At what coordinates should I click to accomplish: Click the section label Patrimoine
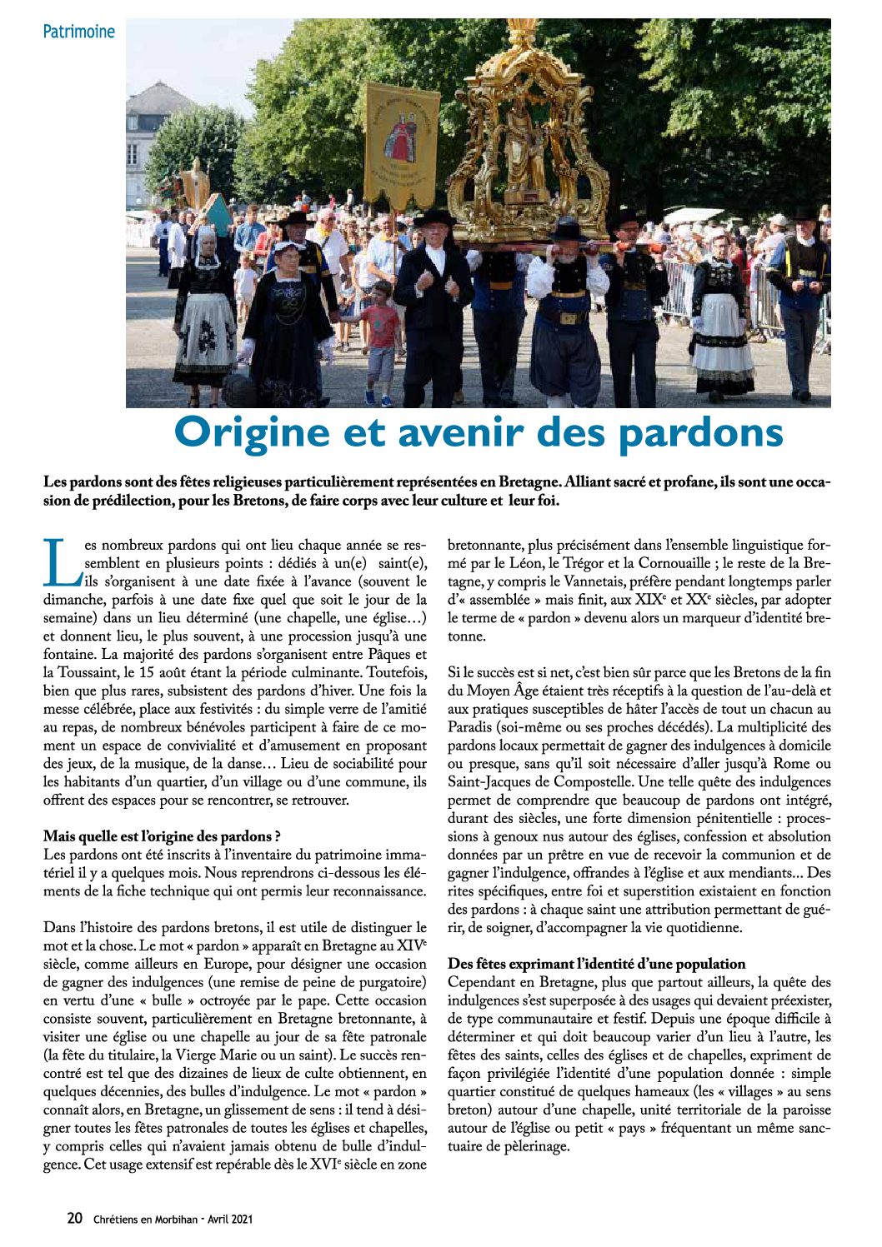pos(79,32)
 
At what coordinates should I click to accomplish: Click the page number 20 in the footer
pos(74,1218)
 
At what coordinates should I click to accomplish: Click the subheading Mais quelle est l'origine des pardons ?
pos(162,836)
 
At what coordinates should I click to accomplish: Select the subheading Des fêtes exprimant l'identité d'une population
pos(596,964)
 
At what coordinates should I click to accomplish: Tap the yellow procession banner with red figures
pos(402,146)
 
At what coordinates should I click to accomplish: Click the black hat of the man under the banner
pos(434,218)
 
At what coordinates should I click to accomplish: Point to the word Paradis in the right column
pos(469,727)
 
